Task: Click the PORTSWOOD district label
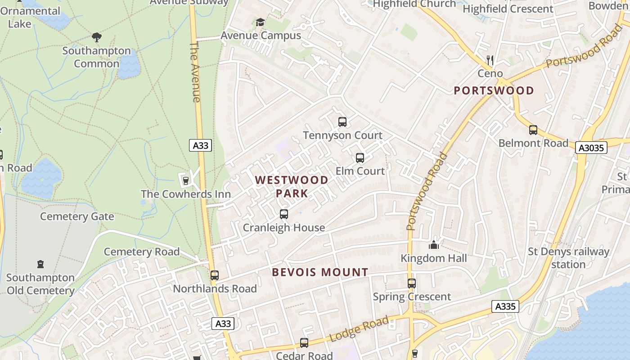494,90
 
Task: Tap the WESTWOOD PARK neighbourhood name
292,187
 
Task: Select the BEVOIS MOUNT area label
320,272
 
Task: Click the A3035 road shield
591,148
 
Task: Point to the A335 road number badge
505,307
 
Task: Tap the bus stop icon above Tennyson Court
342,122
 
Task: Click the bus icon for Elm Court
360,158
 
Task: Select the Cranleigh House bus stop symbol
284,214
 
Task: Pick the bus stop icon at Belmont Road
533,130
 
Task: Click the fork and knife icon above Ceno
490,59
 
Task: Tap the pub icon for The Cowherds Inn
185,181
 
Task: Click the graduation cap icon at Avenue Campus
260,22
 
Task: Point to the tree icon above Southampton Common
96,37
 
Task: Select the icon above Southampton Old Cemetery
40,264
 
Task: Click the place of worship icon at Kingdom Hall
434,245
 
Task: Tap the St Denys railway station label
568,258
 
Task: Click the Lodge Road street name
359,329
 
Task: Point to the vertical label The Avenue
195,72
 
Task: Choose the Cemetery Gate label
77,216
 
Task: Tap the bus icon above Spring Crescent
412,283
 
